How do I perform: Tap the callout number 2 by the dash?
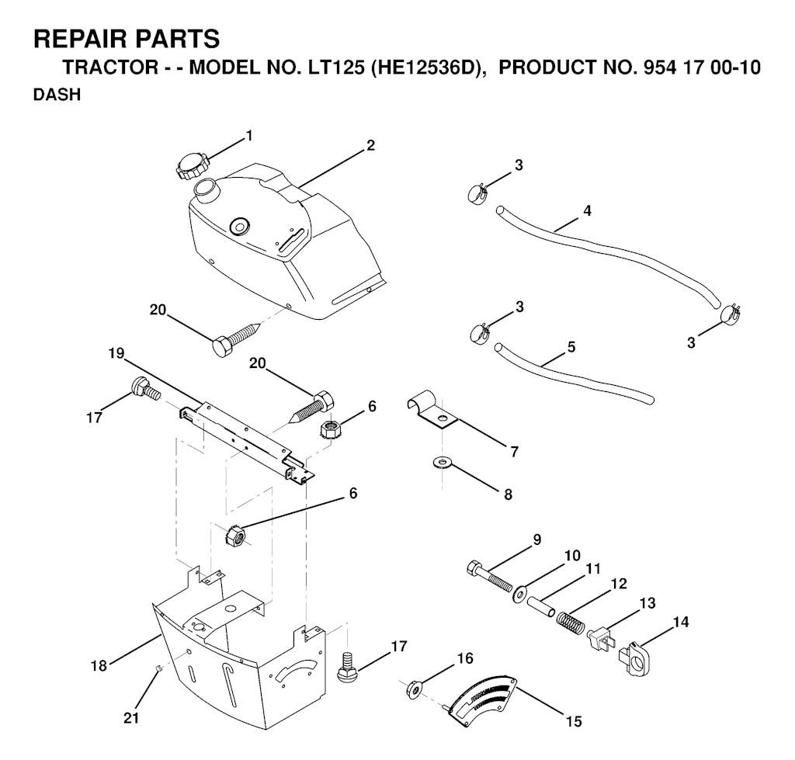coord(370,145)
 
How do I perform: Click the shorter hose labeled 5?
coord(575,374)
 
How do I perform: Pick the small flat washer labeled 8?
coord(443,463)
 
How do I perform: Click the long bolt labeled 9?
coord(489,577)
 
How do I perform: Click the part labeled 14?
coord(634,660)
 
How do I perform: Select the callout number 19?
coord(116,353)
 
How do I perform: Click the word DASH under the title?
coord(57,95)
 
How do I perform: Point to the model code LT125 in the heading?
coord(333,68)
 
